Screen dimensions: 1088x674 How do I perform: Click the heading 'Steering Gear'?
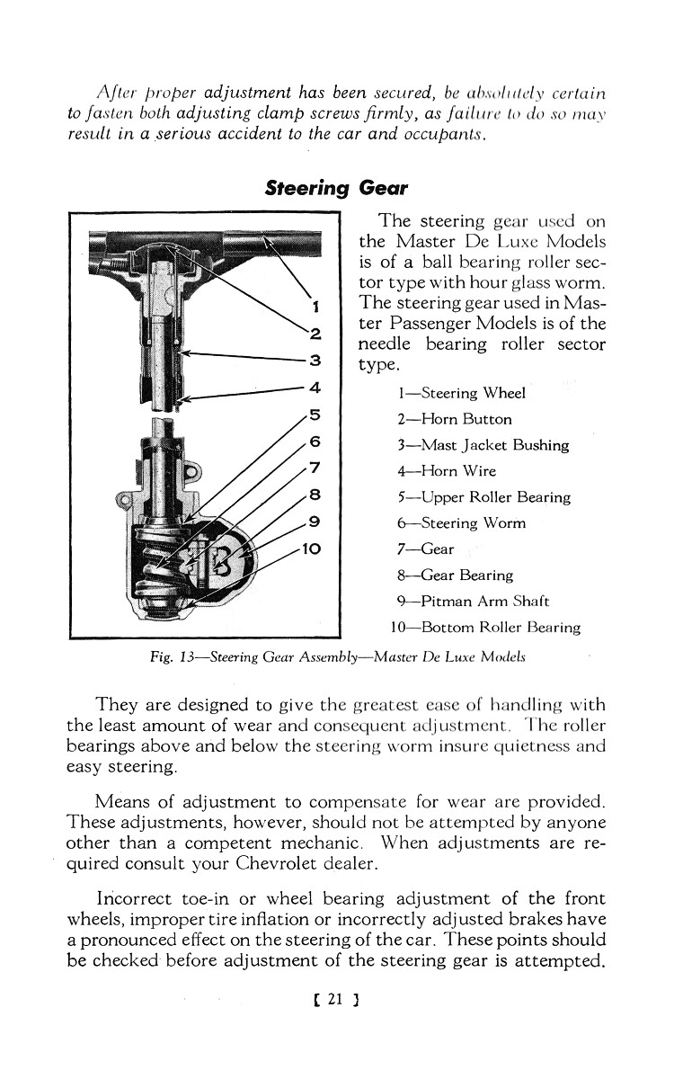(336, 189)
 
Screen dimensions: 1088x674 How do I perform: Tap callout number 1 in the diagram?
(315, 304)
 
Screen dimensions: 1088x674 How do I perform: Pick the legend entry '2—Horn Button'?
(454, 419)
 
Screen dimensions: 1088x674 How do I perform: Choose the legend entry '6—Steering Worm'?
(461, 523)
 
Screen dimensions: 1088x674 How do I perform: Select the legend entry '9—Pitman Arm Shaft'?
(474, 602)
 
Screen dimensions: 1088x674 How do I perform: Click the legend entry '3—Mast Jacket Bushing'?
(483, 445)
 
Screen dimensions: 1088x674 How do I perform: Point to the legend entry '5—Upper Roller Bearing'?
(483, 497)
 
